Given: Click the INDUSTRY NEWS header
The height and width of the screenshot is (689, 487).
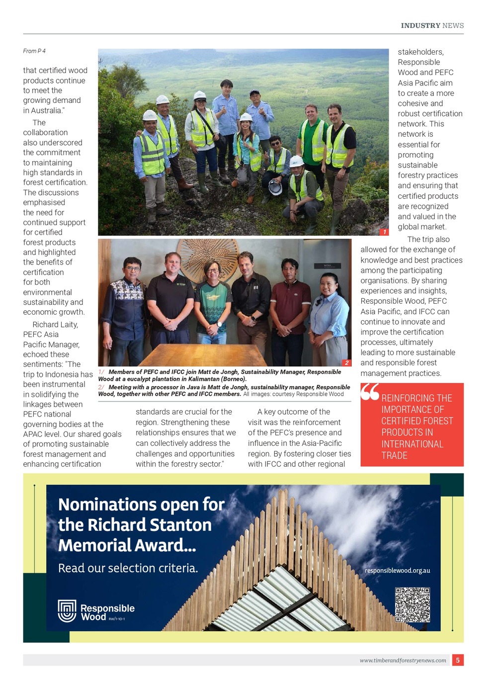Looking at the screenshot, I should [432, 25].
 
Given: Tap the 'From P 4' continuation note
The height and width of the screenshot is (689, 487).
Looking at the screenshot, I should [34, 51].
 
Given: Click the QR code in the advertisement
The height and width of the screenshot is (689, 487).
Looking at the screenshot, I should [412, 604].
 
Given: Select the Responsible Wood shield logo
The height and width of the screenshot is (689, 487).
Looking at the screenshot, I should [67, 611].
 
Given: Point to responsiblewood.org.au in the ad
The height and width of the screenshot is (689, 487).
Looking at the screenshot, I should [397, 570].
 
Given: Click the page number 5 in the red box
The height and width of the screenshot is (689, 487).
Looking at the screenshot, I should [458, 660].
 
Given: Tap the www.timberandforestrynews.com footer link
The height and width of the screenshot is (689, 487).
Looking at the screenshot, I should [403, 660].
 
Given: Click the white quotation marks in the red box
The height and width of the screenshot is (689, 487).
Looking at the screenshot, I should [370, 392].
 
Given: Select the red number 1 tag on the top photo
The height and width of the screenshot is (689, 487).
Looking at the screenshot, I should [384, 232].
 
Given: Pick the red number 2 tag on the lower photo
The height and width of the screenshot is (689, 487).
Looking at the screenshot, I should [347, 363].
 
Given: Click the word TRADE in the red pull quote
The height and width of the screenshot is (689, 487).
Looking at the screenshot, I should [395, 455].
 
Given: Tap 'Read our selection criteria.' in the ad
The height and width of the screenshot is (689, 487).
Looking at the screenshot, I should [128, 568].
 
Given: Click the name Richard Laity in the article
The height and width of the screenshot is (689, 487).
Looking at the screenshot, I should [55, 325].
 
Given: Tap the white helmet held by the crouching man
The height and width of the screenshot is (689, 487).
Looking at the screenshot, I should [275, 187].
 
